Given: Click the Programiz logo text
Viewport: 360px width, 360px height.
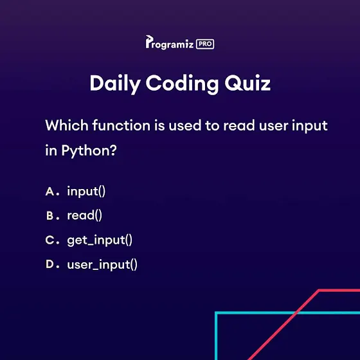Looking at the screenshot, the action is coord(170,42).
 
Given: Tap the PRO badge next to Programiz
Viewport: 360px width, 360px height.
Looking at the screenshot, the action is coord(205,44).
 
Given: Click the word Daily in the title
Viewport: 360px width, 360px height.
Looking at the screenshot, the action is coord(115,84).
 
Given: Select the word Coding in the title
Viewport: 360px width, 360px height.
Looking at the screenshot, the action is coord(182,84).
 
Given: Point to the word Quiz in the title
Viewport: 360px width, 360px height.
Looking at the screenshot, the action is coord(248,83).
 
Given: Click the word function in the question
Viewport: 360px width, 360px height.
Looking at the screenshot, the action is coord(122,125).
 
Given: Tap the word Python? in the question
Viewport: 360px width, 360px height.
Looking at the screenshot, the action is coord(89,152).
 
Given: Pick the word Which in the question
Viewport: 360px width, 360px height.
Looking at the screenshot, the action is coord(67,125).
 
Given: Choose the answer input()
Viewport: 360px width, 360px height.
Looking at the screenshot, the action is coord(86,192).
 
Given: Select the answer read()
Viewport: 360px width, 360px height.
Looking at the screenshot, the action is coord(84,215).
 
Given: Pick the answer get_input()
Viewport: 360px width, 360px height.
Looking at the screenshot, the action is coord(100,240).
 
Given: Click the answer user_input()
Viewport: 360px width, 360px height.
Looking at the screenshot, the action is coord(102,265).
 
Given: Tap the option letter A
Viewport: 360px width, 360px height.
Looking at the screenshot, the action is coord(50,192).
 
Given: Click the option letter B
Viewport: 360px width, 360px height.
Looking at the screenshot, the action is coord(50,216).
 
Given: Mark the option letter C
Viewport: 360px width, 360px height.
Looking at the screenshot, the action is coord(50,240).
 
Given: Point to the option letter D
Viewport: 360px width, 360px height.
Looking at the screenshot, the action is coord(50,264).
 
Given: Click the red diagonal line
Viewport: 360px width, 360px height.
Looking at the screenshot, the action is coord(283,325).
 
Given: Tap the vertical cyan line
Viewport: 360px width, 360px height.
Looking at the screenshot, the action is coord(216,336).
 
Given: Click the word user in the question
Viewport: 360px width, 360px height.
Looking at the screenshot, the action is coord(273,127).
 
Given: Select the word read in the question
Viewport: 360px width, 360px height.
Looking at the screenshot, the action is coord(239,125).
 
